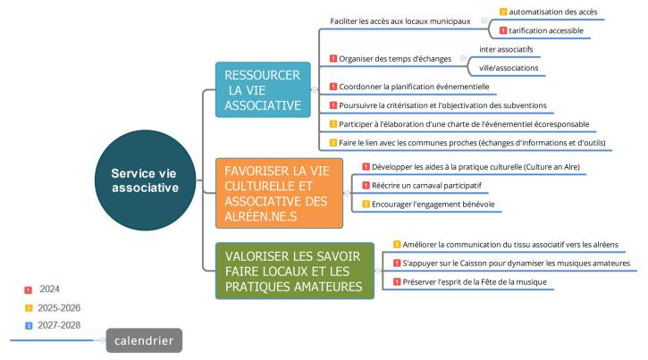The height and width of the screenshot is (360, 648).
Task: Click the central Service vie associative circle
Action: [145, 180]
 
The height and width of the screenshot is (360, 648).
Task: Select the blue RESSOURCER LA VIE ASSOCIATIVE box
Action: [263, 89]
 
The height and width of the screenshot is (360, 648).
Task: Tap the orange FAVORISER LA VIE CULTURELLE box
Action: [280, 193]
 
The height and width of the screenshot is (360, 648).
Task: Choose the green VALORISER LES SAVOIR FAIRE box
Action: [295, 271]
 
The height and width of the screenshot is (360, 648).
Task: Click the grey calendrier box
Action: [144, 340]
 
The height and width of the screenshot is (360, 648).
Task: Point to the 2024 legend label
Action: [49, 289]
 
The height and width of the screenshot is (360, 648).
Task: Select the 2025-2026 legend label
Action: [59, 308]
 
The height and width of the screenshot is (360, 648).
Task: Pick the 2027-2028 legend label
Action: [59, 325]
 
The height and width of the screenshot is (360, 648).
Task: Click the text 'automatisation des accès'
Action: [553, 12]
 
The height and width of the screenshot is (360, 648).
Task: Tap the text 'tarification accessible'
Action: [546, 30]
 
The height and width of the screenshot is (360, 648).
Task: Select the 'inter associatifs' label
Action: [506, 49]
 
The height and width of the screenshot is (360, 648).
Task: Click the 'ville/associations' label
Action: [509, 68]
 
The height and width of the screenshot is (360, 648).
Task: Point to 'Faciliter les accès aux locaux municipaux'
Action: [400, 21]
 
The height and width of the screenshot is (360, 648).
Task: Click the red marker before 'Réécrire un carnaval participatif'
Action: [366, 186]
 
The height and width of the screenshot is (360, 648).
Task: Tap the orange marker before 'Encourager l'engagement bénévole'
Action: [366, 204]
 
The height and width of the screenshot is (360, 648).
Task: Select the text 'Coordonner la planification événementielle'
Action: [414, 87]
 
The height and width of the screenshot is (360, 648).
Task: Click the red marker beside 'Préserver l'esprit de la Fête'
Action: [397, 281]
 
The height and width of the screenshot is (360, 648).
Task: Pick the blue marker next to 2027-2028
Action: [29, 326]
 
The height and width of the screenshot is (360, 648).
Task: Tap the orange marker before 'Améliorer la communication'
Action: [397, 245]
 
